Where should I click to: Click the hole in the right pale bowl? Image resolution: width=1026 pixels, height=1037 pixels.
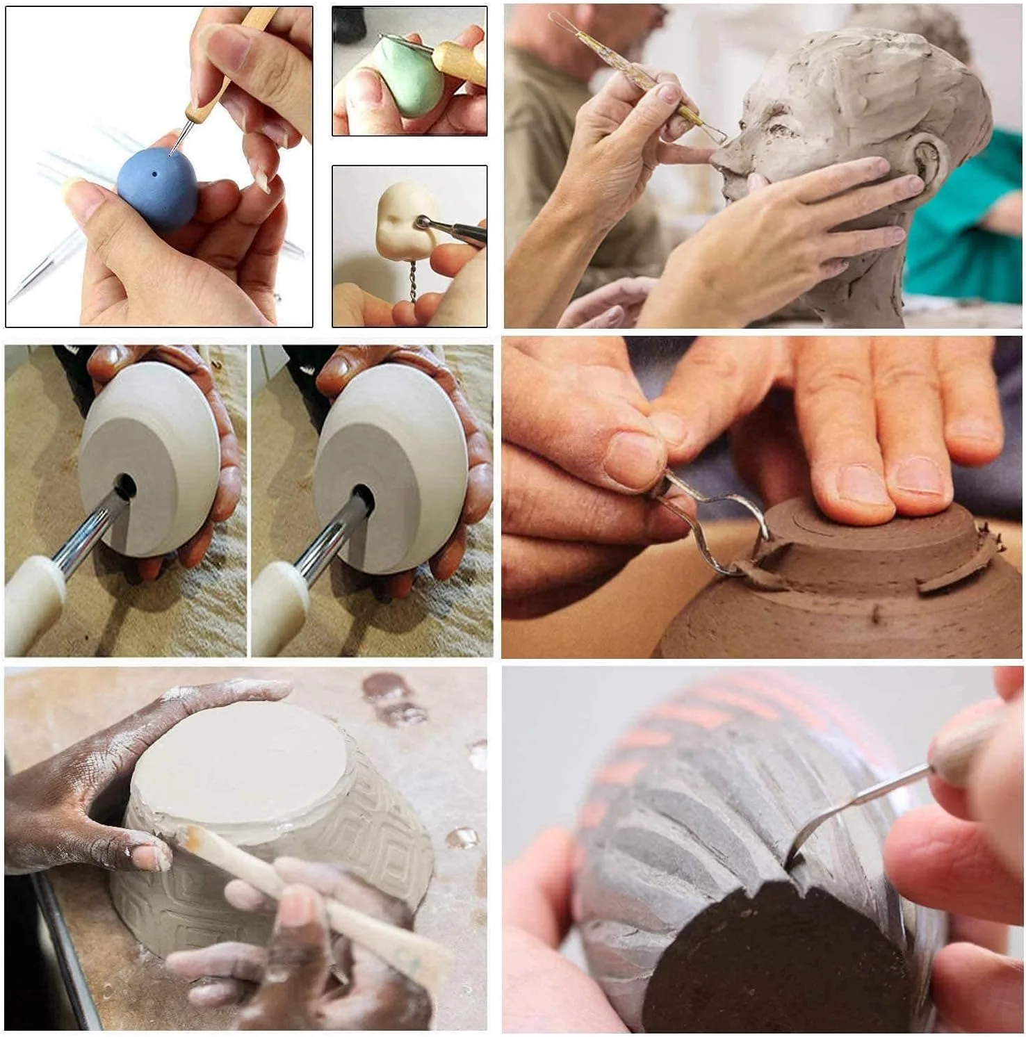coord(362,498)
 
